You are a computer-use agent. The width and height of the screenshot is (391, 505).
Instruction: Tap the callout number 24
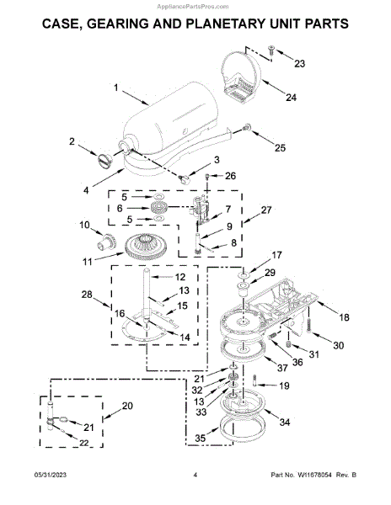point(291,97)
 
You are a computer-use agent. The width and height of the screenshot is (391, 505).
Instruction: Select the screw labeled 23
point(270,50)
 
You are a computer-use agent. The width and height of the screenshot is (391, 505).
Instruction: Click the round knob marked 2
point(105,161)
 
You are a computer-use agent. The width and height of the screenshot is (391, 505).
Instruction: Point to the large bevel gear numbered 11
point(145,247)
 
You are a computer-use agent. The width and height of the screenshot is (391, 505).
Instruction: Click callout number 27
point(266,210)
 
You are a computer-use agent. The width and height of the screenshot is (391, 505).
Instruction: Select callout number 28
point(87,295)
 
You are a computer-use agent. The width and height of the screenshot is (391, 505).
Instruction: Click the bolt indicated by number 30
point(309,326)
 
